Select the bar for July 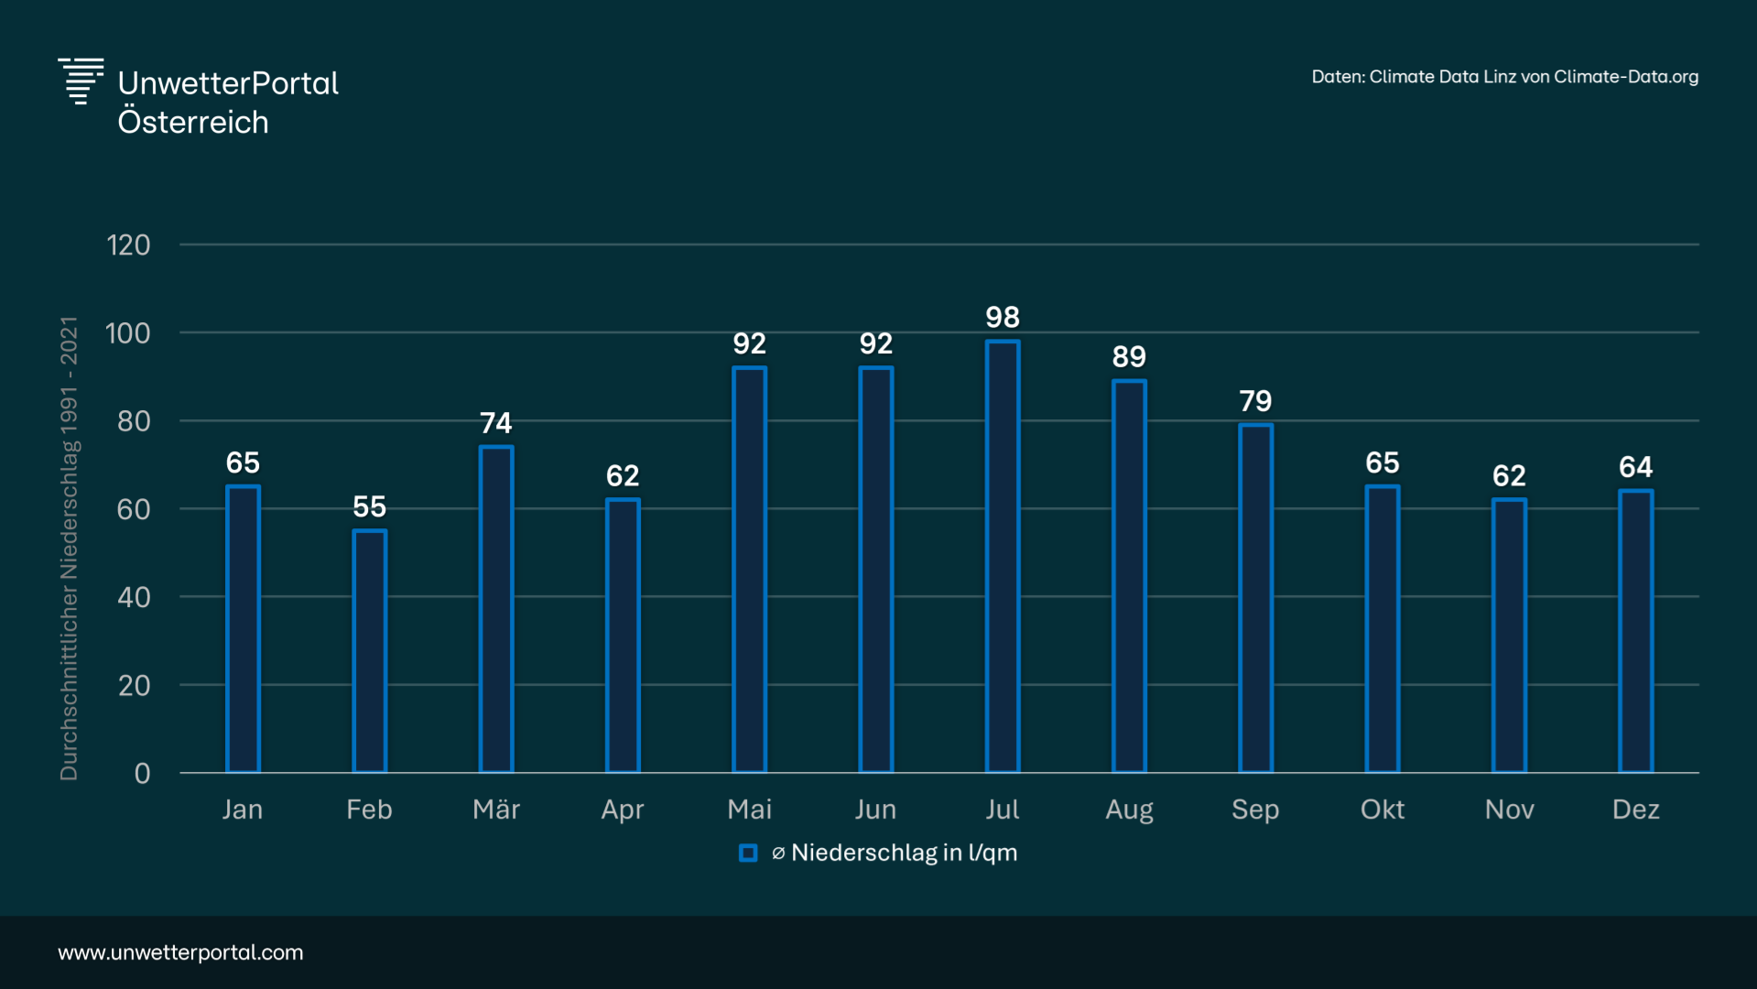click(1003, 557)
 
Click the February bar click(369, 651)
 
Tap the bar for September click(1255, 598)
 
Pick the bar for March click(496, 609)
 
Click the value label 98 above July click(1003, 318)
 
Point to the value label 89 click(1129, 357)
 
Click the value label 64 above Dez click(1635, 468)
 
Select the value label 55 click(369, 507)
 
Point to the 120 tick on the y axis click(128, 245)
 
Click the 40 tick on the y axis click(134, 598)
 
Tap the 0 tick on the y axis click(142, 774)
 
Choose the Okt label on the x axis click(1382, 810)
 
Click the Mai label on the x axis click(749, 810)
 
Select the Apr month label click(623, 810)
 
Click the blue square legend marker click(748, 853)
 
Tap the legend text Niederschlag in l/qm click(904, 853)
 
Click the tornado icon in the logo click(81, 81)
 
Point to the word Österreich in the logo click(193, 123)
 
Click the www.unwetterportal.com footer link click(180, 952)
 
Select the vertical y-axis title click(69, 549)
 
